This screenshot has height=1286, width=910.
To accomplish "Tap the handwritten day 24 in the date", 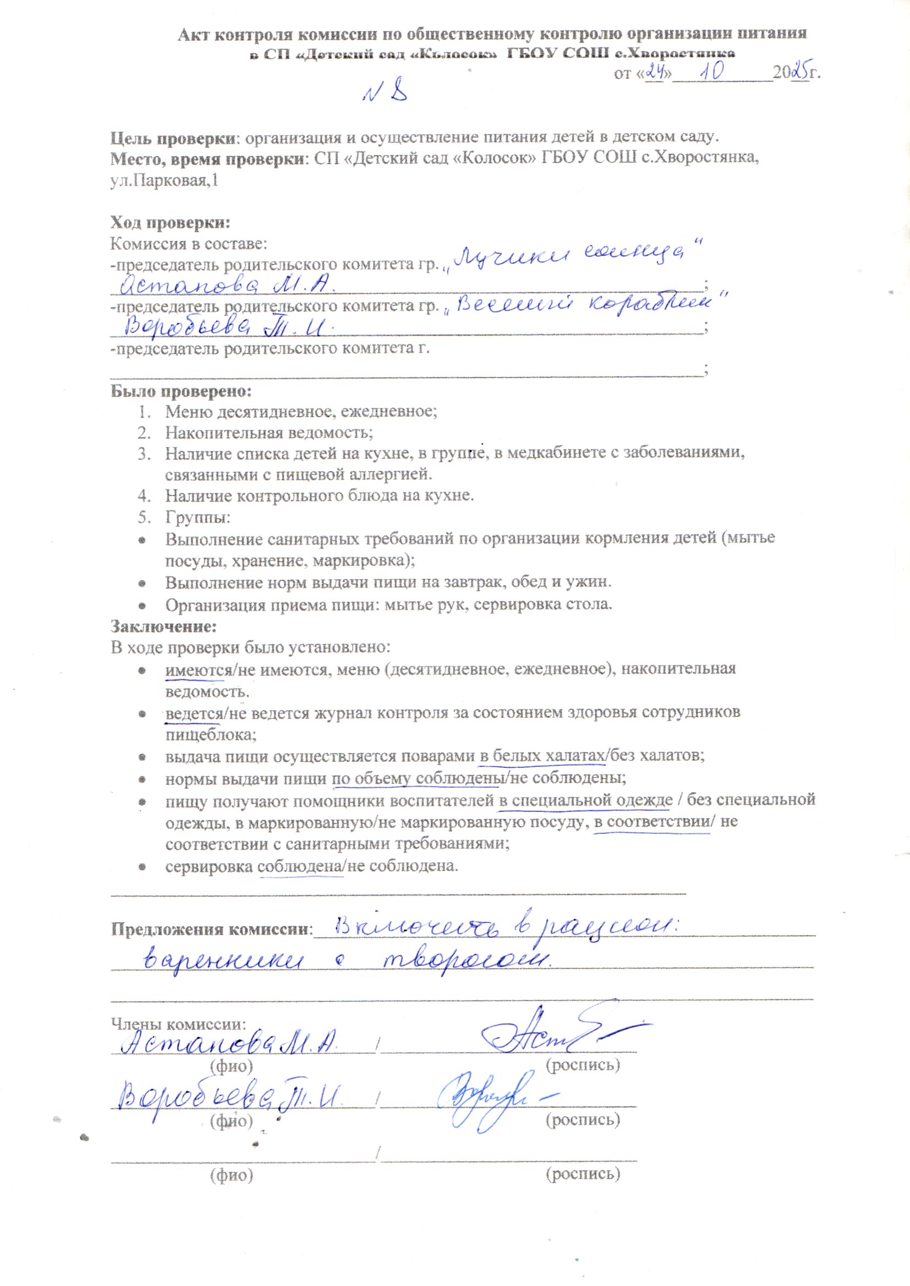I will [654, 72].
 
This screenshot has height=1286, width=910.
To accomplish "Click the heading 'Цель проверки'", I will [172, 138].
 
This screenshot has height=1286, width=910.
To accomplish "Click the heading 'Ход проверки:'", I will [171, 223].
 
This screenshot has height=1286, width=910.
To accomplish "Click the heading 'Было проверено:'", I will [181, 391].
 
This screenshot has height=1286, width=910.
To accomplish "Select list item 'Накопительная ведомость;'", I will [268, 432].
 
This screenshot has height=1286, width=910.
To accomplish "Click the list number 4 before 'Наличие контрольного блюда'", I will [144, 496].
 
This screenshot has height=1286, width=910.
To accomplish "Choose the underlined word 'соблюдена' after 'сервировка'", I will [300, 866].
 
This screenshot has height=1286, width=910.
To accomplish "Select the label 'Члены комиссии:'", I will [178, 1024].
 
